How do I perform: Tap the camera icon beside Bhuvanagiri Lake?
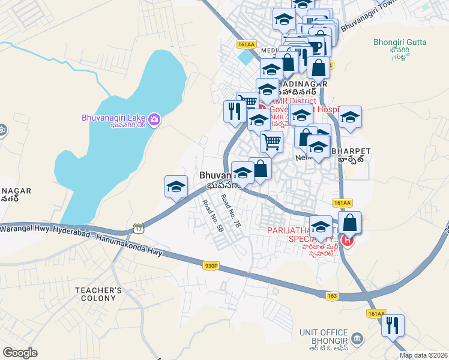[x=154, y=119]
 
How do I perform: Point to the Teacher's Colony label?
[x=99, y=294]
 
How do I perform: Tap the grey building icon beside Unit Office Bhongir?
[x=357, y=338]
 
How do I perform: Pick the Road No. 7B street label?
[x=230, y=209]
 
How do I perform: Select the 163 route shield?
[x=333, y=296]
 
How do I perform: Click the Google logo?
[x=20, y=353]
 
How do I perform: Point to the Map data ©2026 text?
[x=423, y=355]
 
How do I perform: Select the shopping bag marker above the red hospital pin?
[x=349, y=223]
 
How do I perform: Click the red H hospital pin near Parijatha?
[x=347, y=241]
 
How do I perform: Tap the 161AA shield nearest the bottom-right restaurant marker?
[x=376, y=314]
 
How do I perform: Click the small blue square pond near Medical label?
[x=245, y=59]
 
